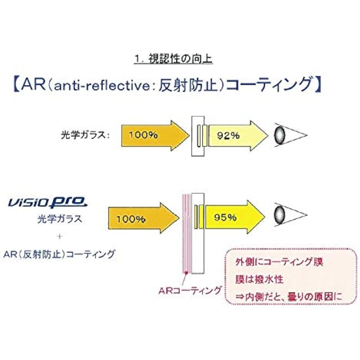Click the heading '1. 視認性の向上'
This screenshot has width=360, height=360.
point(174,59)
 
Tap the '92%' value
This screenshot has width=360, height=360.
point(228,136)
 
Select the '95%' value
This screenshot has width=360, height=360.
point(225,217)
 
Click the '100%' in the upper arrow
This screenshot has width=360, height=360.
point(143,135)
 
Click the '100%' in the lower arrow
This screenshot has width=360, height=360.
point(131,219)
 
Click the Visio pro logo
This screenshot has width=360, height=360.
point(48,202)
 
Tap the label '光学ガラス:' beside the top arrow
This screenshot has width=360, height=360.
point(85,135)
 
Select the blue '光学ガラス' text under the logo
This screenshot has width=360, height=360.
point(60,219)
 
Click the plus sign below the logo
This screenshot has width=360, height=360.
point(60,236)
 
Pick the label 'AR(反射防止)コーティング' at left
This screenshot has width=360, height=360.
point(59,254)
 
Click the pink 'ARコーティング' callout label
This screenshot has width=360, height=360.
point(190,291)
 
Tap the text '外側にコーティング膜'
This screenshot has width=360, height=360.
point(279,262)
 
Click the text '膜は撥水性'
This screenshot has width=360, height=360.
point(260,279)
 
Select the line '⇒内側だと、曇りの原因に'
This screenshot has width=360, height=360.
point(289,297)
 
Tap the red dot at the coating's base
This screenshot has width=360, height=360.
point(186,273)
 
